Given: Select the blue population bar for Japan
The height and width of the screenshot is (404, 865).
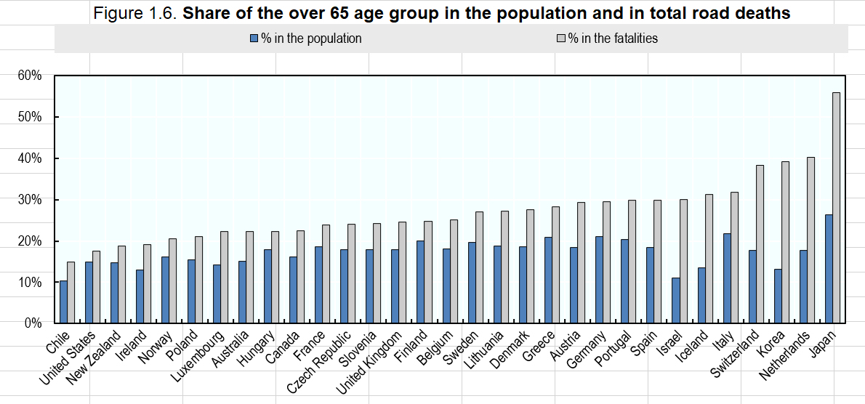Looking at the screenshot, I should (828, 269).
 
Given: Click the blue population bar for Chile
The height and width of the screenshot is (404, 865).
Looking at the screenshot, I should (63, 302).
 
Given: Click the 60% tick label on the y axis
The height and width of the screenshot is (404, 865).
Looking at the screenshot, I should (30, 76).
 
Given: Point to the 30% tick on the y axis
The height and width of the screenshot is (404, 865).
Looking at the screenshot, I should (30, 200).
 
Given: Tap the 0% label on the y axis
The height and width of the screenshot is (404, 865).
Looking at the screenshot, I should (33, 323).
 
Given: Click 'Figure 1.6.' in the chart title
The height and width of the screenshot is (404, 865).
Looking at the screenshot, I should (135, 14).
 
